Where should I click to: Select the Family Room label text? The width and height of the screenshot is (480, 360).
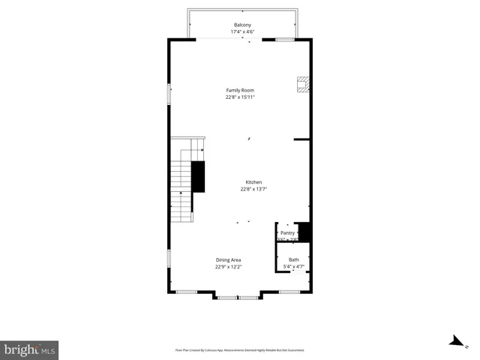pos(240,90)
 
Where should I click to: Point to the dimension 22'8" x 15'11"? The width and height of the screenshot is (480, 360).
pos(240,97)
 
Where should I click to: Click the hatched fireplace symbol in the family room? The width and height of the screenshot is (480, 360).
pos(302,85)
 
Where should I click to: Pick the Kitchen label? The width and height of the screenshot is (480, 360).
pos(253,182)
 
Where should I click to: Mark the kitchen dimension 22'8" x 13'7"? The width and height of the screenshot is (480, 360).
pos(253,189)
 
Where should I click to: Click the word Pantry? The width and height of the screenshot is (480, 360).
pos(288,232)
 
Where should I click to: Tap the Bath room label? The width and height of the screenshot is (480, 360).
pos(293,259)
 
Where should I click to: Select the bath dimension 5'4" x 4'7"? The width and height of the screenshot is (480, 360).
pos(293,266)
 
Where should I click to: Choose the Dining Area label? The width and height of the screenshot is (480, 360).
pos(228,259)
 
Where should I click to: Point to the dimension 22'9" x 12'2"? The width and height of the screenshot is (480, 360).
pos(228,266)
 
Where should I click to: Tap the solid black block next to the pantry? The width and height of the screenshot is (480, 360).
pos(304,231)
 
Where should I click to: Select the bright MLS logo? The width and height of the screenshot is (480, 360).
pos(29,349)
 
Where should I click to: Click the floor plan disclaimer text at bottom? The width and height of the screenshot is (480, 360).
pos(240,350)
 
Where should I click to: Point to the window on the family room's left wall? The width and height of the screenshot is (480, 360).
pos(169,94)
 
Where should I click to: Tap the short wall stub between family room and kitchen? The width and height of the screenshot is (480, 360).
pos(302,139)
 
